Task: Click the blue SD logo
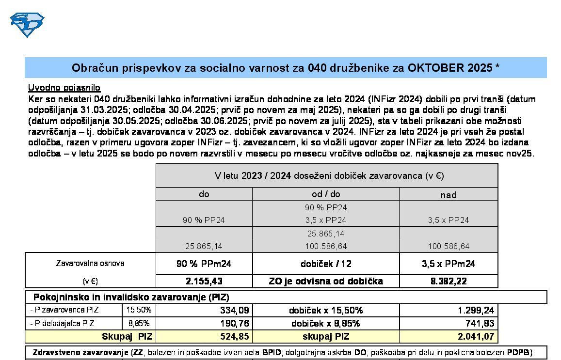[x=27, y=24]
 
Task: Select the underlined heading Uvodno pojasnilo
[x=64, y=88]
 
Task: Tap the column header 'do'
[x=204, y=194]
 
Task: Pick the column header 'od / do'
[x=326, y=194]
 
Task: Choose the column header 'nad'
[x=449, y=195]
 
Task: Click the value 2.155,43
[x=204, y=281]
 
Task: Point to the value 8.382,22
[x=449, y=281]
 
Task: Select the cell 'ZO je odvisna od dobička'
[x=326, y=281]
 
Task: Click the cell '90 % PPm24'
[x=204, y=264]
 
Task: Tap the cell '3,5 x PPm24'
[x=449, y=264]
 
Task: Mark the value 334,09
[x=235, y=310]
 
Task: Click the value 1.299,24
[x=477, y=310]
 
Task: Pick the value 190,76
[x=235, y=323]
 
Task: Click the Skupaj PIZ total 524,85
[x=235, y=336]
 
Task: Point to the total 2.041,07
[x=477, y=336]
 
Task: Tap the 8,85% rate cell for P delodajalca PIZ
[x=139, y=323]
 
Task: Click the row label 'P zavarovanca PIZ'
[x=64, y=310]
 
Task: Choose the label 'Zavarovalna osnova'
[x=90, y=264]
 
